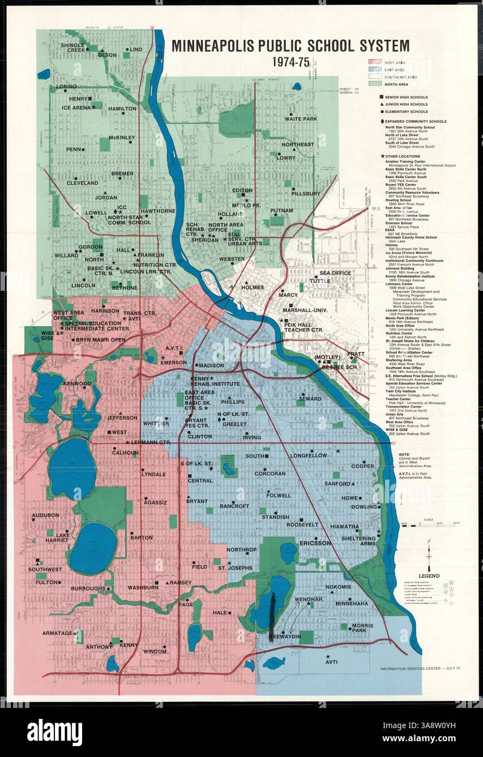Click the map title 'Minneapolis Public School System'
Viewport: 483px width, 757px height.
(x=290, y=46)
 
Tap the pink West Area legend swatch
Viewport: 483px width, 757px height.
(x=375, y=63)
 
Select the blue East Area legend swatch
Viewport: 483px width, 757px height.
(x=375, y=70)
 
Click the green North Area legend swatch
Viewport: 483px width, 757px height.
(x=375, y=84)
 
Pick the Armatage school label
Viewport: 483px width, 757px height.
(x=58, y=633)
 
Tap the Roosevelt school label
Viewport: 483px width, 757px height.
(x=302, y=524)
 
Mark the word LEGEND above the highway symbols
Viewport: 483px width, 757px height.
(x=429, y=576)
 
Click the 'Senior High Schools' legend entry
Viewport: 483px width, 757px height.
(x=405, y=97)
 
